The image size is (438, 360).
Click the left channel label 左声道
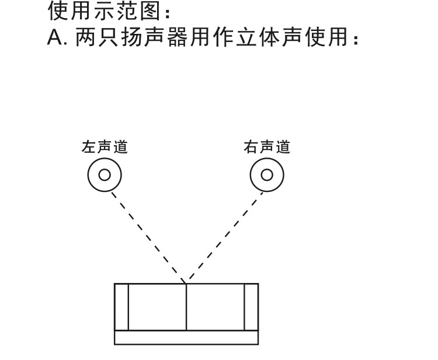pos(105,146)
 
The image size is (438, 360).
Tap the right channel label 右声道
pos(267,146)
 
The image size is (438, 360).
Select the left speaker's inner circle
pos(105,174)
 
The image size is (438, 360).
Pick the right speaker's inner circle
pos(267,174)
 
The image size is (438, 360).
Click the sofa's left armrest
pos(121,307)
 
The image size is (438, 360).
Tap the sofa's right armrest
pos(251,307)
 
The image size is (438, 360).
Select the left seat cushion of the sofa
pos(157,307)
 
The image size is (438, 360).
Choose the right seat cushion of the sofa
pos(215,307)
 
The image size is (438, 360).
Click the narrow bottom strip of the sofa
pos(186,337)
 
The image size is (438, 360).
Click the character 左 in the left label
pos(89,146)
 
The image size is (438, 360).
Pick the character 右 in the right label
pos(251,146)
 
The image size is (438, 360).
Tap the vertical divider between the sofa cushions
pos(186,307)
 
